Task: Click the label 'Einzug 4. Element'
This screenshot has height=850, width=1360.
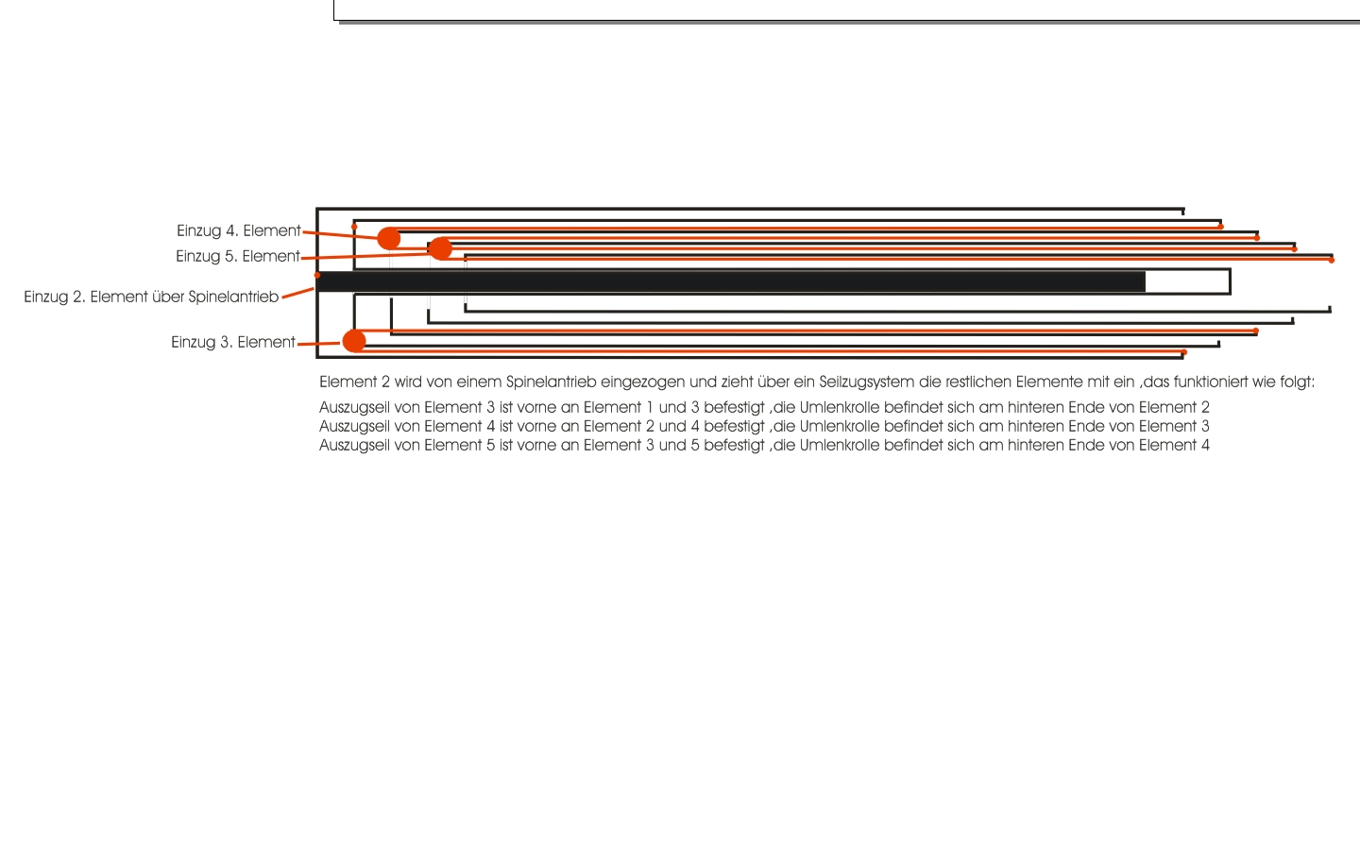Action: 239,230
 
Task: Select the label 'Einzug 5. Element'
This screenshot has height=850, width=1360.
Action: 237,256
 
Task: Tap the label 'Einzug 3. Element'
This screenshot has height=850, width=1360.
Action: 233,343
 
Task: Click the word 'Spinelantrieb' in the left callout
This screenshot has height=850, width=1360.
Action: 233,297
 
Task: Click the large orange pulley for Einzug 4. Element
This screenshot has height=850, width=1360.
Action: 388,239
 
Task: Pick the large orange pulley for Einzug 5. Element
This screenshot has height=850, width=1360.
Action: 440,248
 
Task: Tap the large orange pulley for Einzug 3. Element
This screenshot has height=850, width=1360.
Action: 354,341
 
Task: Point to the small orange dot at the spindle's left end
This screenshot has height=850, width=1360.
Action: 317,276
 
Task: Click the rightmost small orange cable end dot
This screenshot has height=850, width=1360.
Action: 1332,260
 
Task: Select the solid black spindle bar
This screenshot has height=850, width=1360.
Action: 731,281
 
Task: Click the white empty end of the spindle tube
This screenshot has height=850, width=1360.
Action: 1187,281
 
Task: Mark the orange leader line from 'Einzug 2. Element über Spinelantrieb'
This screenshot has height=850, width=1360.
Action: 298,293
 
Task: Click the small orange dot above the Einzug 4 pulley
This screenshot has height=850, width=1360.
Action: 354,227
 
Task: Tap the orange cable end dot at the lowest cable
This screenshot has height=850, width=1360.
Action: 1184,352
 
